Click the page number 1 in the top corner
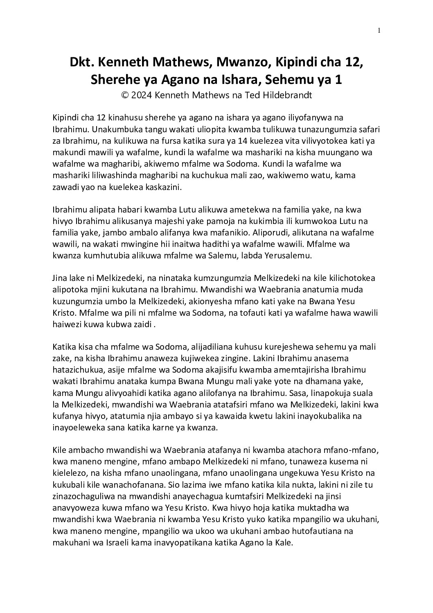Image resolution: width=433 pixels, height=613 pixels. [379, 30]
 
